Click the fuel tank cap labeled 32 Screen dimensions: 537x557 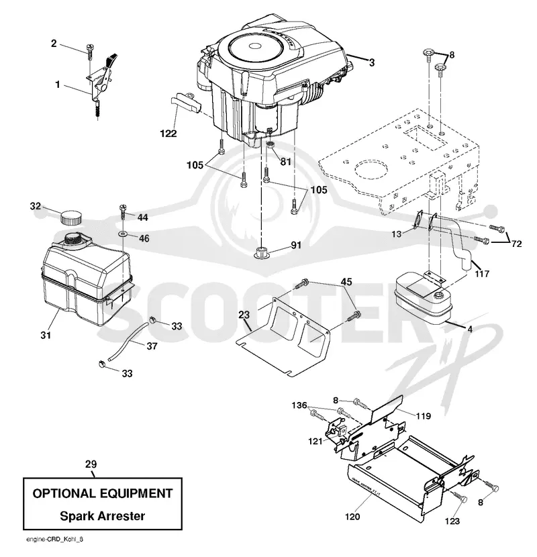[70, 217]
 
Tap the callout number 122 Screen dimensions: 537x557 [168, 134]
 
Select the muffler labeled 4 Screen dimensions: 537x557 [423, 299]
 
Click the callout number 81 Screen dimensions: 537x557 [285, 162]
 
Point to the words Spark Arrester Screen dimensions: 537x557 [102, 516]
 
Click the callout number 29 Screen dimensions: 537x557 [91, 464]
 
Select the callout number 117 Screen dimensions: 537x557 [481, 274]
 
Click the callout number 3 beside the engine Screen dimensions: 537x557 [372, 63]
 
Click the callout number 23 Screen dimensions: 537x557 [244, 315]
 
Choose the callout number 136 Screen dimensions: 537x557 [299, 405]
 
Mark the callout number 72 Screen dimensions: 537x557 [516, 244]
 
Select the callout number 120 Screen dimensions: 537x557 [352, 516]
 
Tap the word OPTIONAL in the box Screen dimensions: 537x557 [64, 493]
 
